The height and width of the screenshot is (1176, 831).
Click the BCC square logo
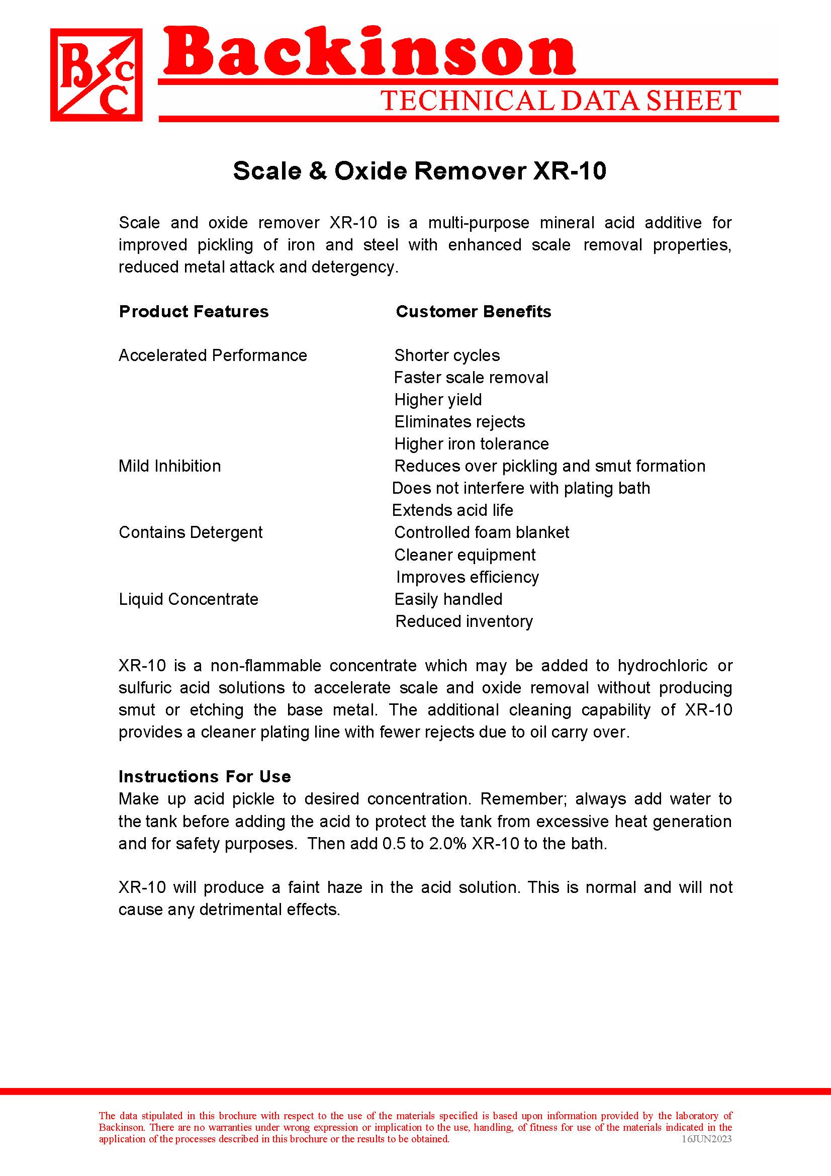(x=96, y=75)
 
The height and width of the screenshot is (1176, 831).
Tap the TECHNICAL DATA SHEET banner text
(x=560, y=101)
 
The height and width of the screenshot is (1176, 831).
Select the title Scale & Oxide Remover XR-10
(x=419, y=170)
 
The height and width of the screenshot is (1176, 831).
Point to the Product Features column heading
(x=194, y=311)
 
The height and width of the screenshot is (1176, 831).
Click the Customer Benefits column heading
(x=473, y=311)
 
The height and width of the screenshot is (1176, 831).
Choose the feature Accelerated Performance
(x=213, y=355)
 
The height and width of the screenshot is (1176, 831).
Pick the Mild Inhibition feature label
(x=169, y=466)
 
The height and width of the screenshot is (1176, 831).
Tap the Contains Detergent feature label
(x=191, y=532)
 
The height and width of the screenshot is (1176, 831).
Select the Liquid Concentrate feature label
(x=189, y=599)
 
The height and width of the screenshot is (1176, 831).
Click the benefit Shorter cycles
(x=447, y=355)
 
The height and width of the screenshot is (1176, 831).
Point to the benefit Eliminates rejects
(x=459, y=421)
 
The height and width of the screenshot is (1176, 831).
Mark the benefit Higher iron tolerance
(x=471, y=443)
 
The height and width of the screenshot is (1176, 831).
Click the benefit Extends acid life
(x=452, y=510)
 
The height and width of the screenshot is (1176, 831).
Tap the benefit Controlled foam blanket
(x=481, y=532)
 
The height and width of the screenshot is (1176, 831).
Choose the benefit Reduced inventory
(x=464, y=621)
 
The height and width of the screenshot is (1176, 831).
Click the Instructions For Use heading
(x=205, y=776)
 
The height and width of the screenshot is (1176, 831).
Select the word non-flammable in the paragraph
(x=266, y=665)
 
